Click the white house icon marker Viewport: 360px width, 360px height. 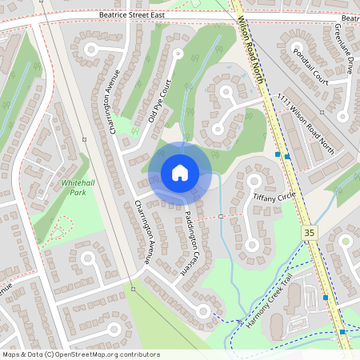[180, 172]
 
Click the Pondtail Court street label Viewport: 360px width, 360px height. [310, 65]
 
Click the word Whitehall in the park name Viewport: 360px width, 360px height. [78, 184]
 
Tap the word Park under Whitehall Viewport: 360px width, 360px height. [78, 193]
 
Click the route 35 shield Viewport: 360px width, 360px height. [309, 232]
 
